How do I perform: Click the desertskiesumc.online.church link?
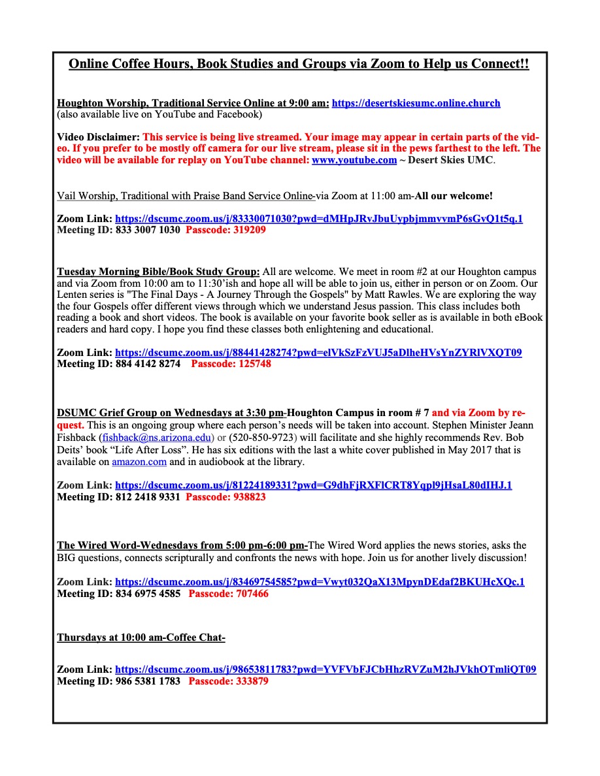click(416, 103)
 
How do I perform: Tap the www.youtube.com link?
click(354, 160)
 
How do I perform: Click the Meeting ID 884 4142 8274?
click(118, 364)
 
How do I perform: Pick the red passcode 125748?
click(231, 364)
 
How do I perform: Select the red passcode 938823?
click(225, 497)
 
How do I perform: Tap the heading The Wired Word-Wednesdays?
click(182, 545)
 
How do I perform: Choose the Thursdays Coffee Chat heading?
click(141, 638)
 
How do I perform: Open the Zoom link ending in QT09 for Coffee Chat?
click(325, 670)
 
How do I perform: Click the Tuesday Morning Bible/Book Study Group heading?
click(158, 272)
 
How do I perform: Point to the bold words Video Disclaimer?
click(98, 137)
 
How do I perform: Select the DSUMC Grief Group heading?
click(172, 413)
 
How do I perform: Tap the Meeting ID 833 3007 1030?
click(118, 230)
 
